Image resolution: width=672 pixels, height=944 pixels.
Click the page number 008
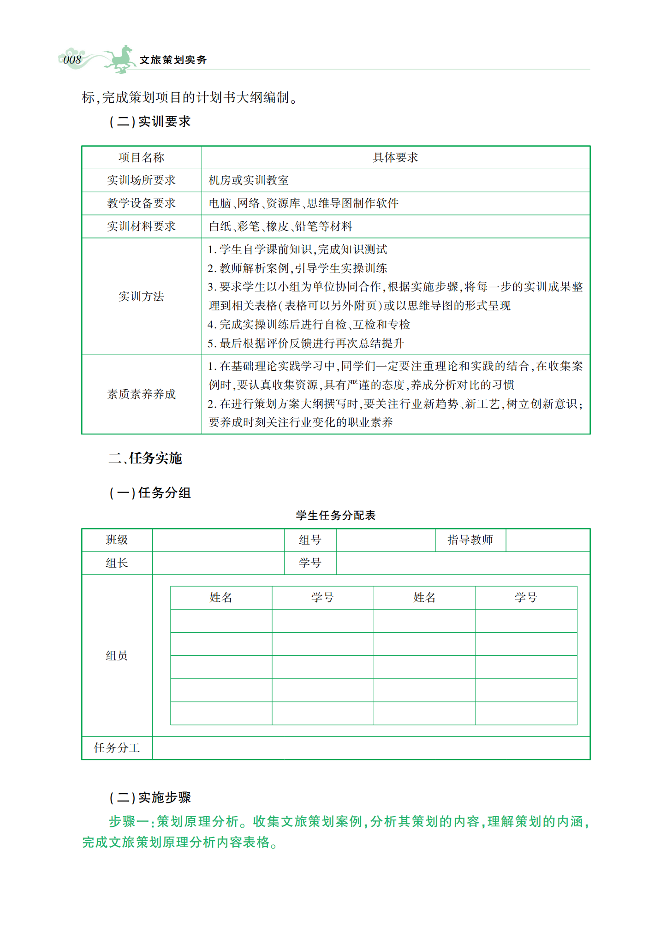[x=72, y=60]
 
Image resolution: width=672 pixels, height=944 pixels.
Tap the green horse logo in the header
[x=119, y=59]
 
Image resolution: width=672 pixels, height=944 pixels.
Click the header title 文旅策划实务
[x=173, y=60]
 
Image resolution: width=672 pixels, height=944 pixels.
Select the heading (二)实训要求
[x=150, y=122]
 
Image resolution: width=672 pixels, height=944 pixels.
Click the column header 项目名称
[x=141, y=158]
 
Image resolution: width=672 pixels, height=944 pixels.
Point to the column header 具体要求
[x=395, y=158]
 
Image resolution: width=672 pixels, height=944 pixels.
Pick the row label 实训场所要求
[x=141, y=180]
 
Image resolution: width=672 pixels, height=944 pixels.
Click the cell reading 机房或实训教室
[x=249, y=180]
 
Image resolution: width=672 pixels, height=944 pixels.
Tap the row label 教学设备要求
[x=141, y=203]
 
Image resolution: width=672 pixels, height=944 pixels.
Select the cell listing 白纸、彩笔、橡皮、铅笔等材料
[x=280, y=226]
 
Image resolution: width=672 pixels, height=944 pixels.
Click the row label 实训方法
[x=141, y=297]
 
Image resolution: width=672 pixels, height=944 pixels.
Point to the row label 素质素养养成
[x=141, y=394]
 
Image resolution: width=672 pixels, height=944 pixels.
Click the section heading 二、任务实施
[x=145, y=458]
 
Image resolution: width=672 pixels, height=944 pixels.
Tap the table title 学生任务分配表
[x=336, y=516]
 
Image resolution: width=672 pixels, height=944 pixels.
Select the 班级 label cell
[x=117, y=540]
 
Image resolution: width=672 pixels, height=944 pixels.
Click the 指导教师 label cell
[x=470, y=540]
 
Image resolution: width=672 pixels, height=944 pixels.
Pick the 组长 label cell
[x=117, y=563]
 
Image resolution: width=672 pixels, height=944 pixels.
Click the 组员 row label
[x=117, y=656]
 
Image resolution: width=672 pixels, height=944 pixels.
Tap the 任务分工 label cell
[x=117, y=748]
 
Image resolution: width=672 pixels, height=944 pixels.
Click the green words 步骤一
[x=128, y=822]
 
